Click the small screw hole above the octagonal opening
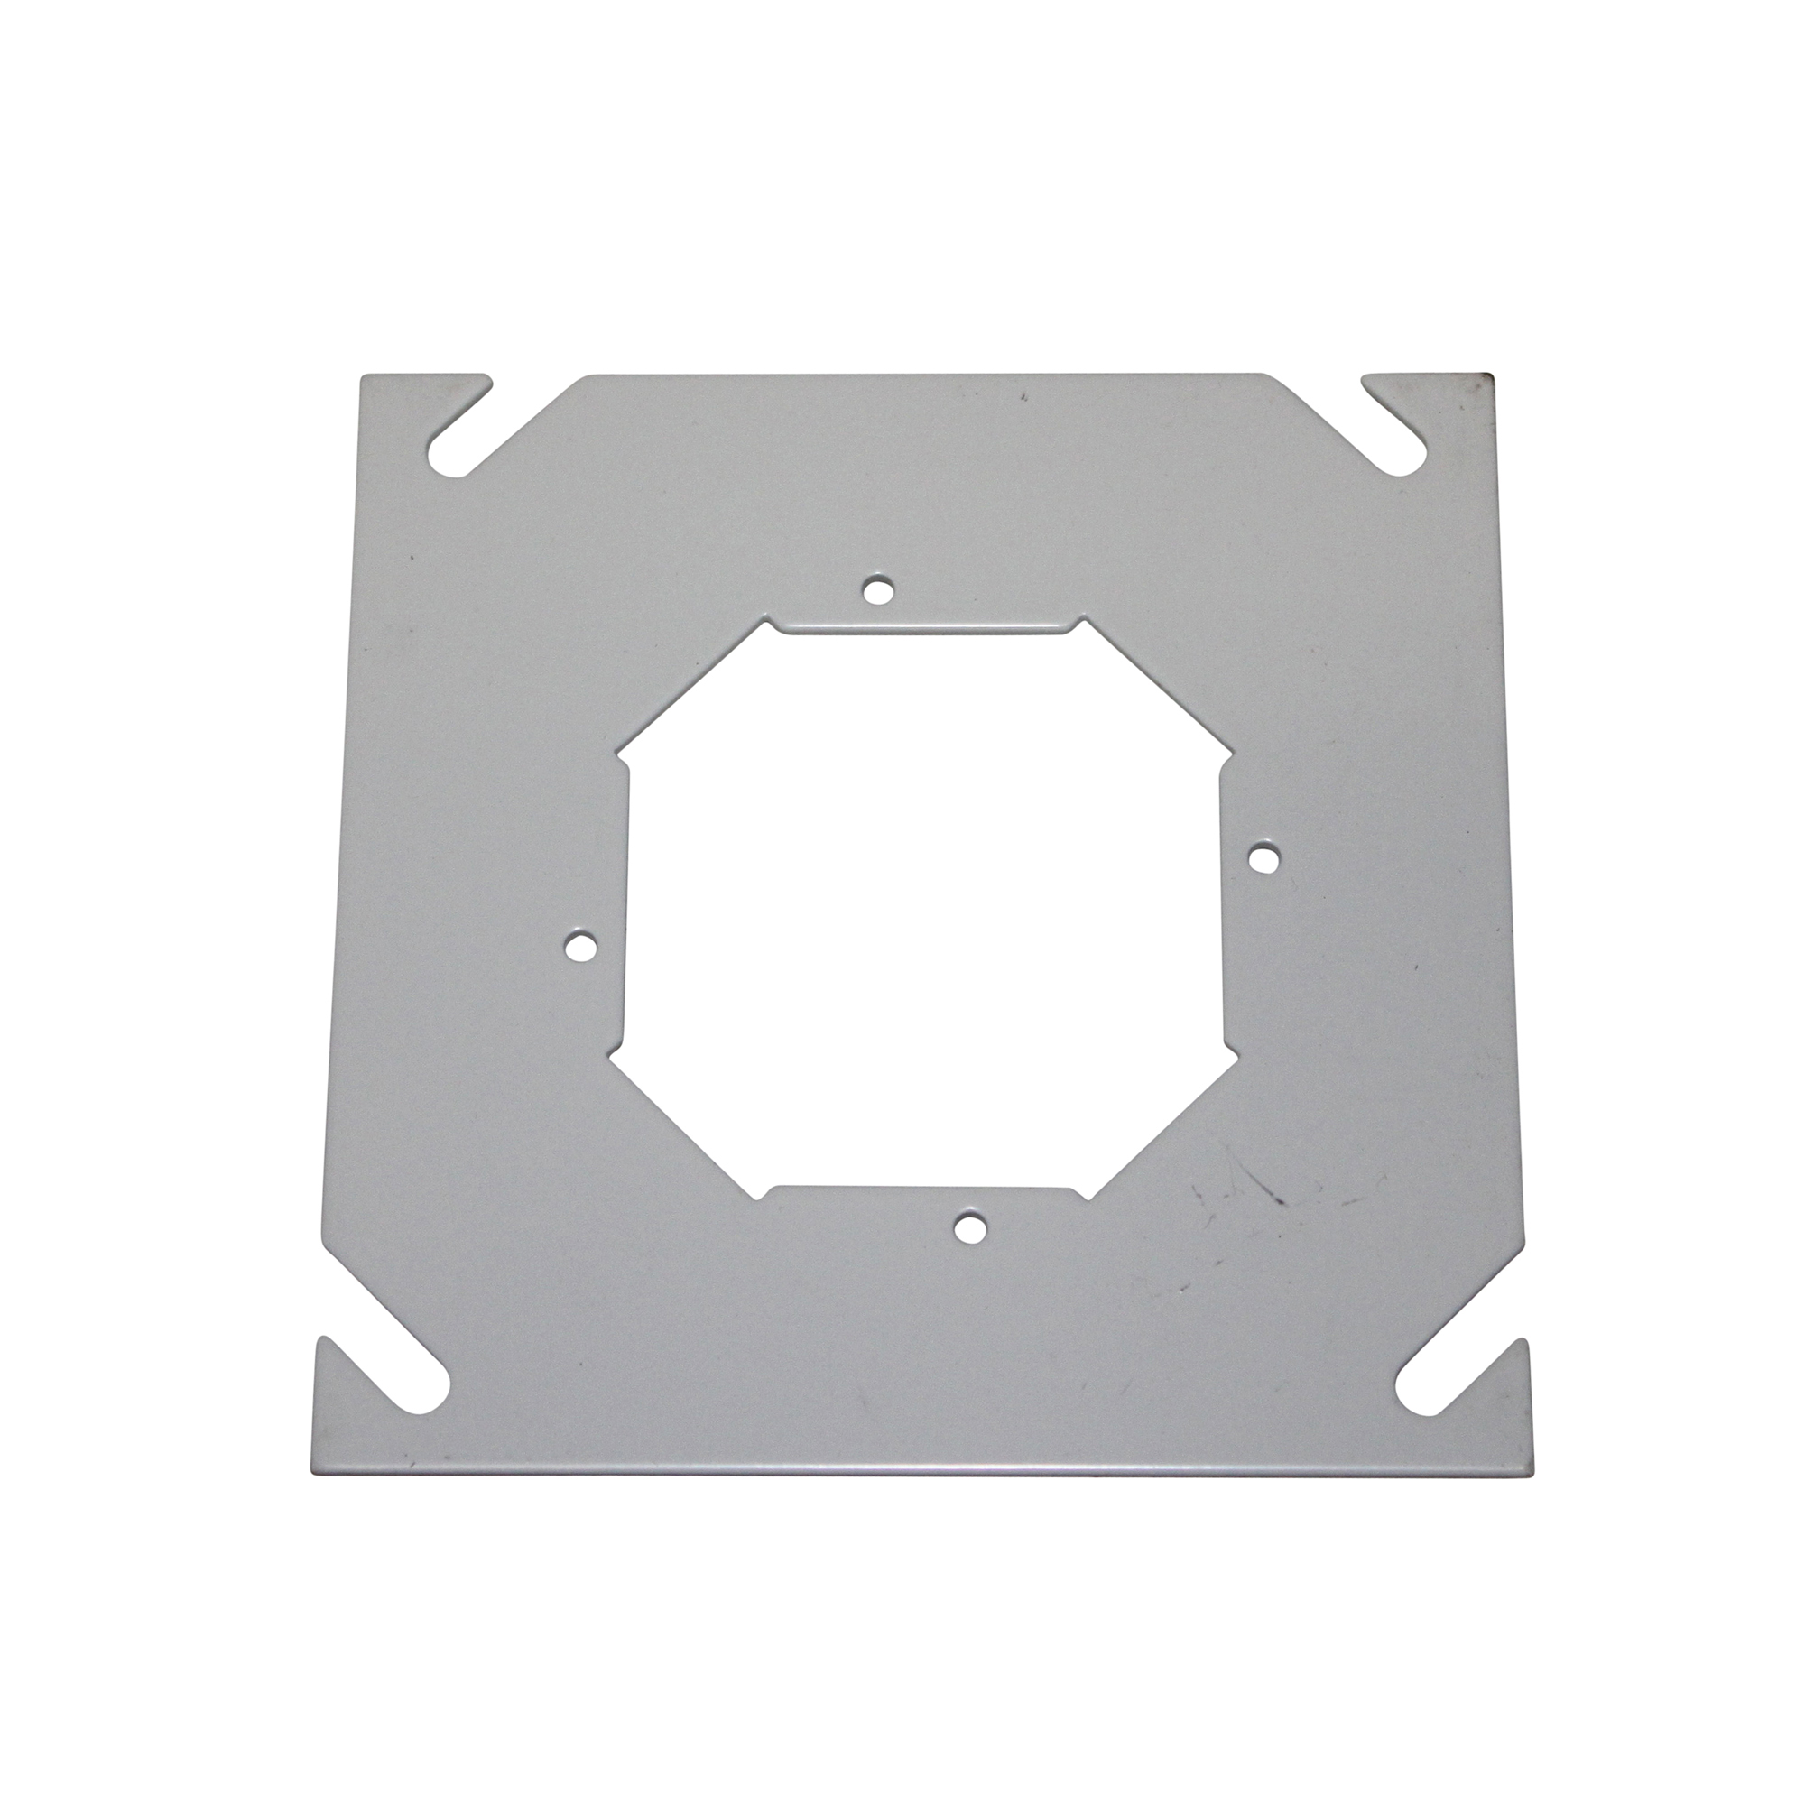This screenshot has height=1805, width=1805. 876,589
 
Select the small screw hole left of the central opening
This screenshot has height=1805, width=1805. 581,948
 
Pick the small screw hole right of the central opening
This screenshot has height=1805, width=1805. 1263,858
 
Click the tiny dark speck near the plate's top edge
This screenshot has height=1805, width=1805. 1025,397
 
